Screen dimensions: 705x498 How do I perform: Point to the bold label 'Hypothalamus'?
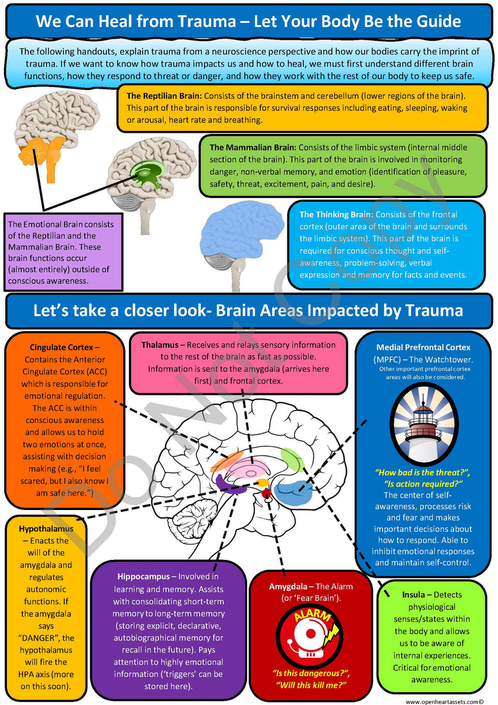pos(46,528)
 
